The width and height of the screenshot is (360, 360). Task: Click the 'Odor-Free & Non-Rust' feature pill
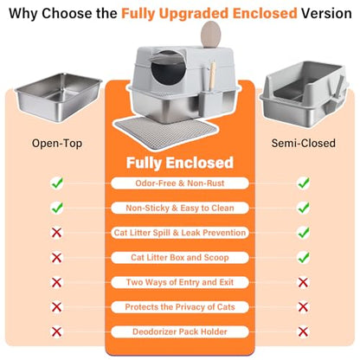pos(180,183)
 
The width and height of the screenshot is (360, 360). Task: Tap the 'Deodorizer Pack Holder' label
pos(180,331)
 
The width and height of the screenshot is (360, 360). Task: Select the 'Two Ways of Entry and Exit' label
pos(180,282)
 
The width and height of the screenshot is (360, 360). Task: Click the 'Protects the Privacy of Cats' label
pos(180,307)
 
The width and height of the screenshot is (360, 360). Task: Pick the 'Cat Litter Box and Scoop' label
pos(180,257)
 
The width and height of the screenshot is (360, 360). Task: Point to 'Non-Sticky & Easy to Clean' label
pos(180,208)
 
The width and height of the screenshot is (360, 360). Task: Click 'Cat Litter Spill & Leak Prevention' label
pos(180,233)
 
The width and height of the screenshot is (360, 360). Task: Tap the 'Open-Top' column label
pos(57,144)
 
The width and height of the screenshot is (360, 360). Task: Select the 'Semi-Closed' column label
pos(303,143)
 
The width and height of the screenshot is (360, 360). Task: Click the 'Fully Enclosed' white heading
pos(180,163)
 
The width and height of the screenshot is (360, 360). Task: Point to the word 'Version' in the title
pos(326,13)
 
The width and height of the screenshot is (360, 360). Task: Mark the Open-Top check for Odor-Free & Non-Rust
pos(57,183)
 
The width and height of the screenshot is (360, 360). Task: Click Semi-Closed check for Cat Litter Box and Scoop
pos(304,257)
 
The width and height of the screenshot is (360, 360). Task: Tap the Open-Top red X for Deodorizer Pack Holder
pos(56,331)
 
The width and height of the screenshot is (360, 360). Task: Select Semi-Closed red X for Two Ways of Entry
pos(303,282)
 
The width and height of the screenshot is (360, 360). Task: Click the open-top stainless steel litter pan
pos(58,97)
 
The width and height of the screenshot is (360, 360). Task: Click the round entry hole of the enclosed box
pos(168,69)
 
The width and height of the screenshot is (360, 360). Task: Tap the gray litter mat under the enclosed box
pos(165,132)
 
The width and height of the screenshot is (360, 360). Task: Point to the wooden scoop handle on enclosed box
pos(213,75)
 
